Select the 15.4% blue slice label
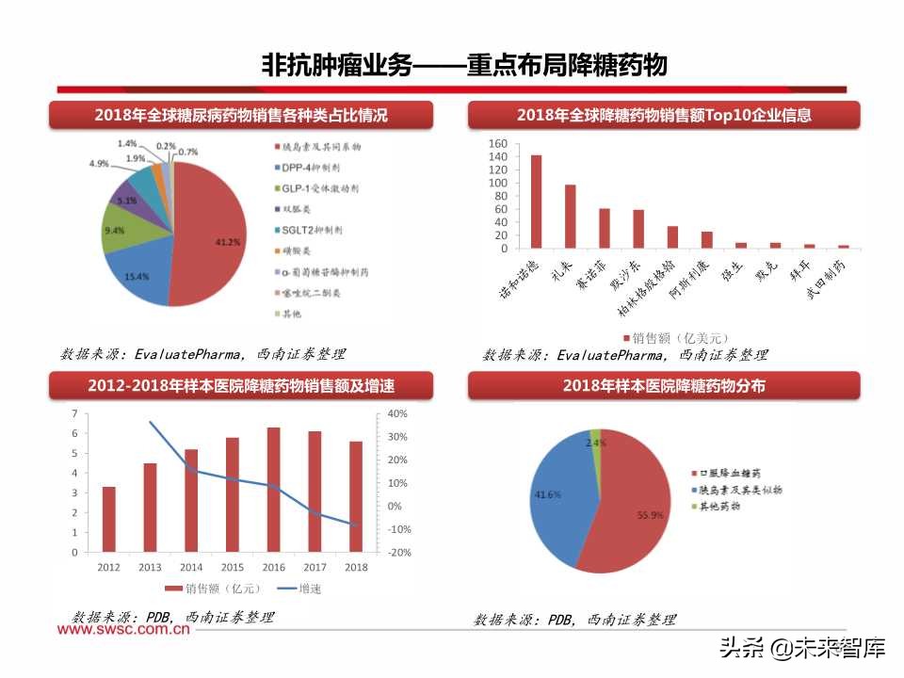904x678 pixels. click(x=137, y=276)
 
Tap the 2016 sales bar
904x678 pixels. click(x=273, y=490)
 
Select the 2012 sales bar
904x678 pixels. click(x=109, y=519)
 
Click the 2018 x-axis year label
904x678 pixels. click(x=356, y=566)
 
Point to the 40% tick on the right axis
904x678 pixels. click(x=397, y=414)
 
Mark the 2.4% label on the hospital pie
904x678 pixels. click(x=595, y=442)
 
